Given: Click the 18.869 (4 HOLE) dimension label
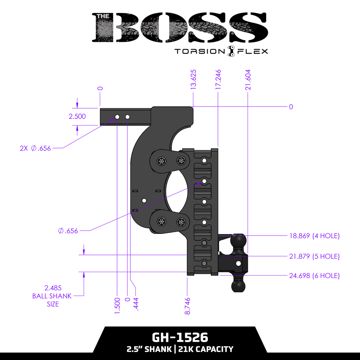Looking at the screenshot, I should (314, 236).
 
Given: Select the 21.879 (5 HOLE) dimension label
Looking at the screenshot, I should (314, 256).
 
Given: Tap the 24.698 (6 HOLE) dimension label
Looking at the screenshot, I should (314, 276).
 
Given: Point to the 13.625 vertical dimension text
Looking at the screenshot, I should (193, 80).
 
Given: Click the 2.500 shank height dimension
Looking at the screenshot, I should (77, 117).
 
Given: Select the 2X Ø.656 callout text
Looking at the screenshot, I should (35, 148).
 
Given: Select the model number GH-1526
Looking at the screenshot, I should (180, 337).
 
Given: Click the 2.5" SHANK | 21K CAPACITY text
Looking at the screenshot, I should (180, 349).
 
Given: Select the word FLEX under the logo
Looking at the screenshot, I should (252, 51).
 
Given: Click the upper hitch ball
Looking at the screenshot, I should (238, 242).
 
